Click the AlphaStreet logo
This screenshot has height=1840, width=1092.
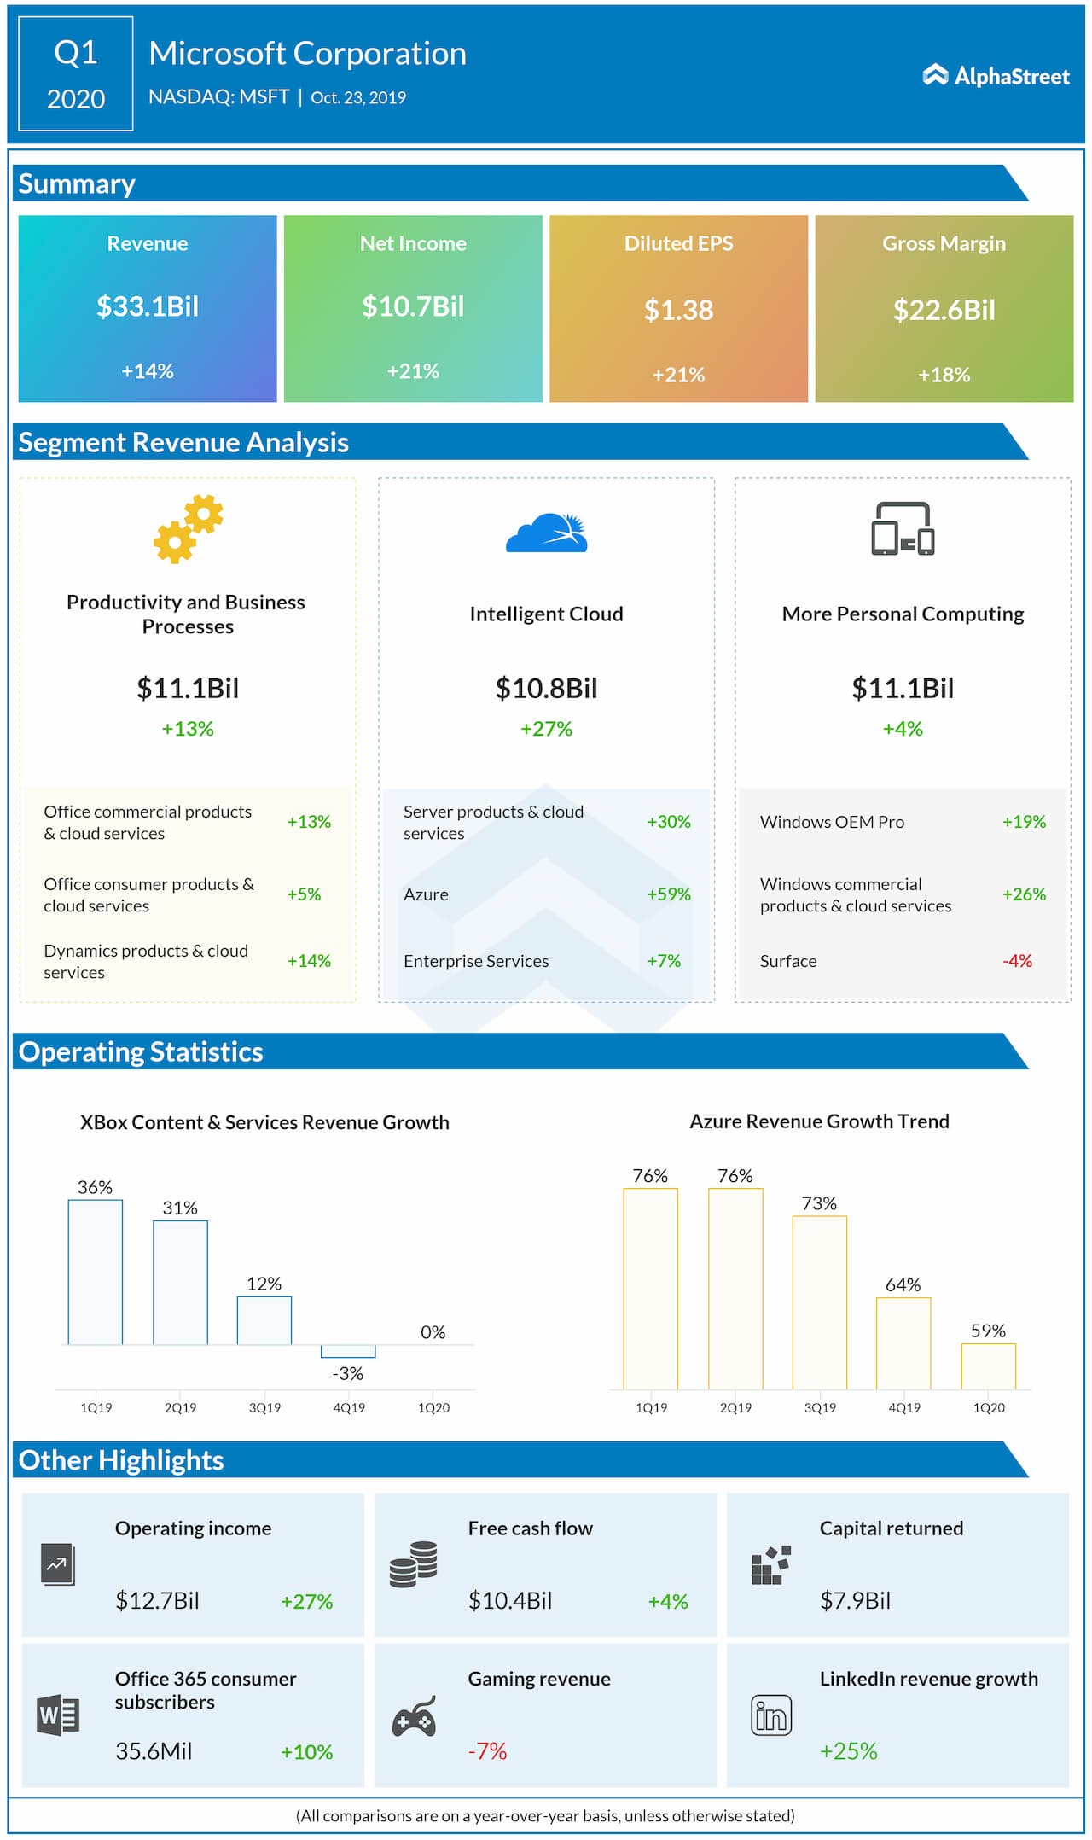click(996, 76)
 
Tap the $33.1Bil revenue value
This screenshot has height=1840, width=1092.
click(148, 306)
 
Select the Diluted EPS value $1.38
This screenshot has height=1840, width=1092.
click(678, 310)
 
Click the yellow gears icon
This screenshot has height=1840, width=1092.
click(188, 529)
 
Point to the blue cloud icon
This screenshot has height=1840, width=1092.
click(547, 533)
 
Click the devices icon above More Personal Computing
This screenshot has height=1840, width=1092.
click(903, 529)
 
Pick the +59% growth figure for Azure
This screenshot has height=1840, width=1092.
click(669, 894)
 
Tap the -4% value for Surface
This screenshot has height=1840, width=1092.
click(1017, 961)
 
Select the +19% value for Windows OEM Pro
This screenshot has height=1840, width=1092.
click(1024, 822)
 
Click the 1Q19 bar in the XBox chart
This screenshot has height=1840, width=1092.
click(96, 1272)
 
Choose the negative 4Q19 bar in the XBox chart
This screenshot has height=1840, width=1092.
click(348, 1351)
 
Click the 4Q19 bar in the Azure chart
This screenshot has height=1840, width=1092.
click(903, 1343)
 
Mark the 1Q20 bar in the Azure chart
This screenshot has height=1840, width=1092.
click(988, 1366)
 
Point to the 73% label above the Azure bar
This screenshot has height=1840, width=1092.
click(819, 1203)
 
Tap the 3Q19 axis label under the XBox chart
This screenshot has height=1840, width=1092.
click(264, 1407)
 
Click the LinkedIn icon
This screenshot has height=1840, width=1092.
click(771, 1715)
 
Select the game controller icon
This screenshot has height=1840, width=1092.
click(414, 1716)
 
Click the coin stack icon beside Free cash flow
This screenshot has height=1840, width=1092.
click(414, 1564)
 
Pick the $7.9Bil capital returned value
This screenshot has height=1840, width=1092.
click(855, 1600)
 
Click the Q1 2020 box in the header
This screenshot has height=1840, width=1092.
click(76, 74)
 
